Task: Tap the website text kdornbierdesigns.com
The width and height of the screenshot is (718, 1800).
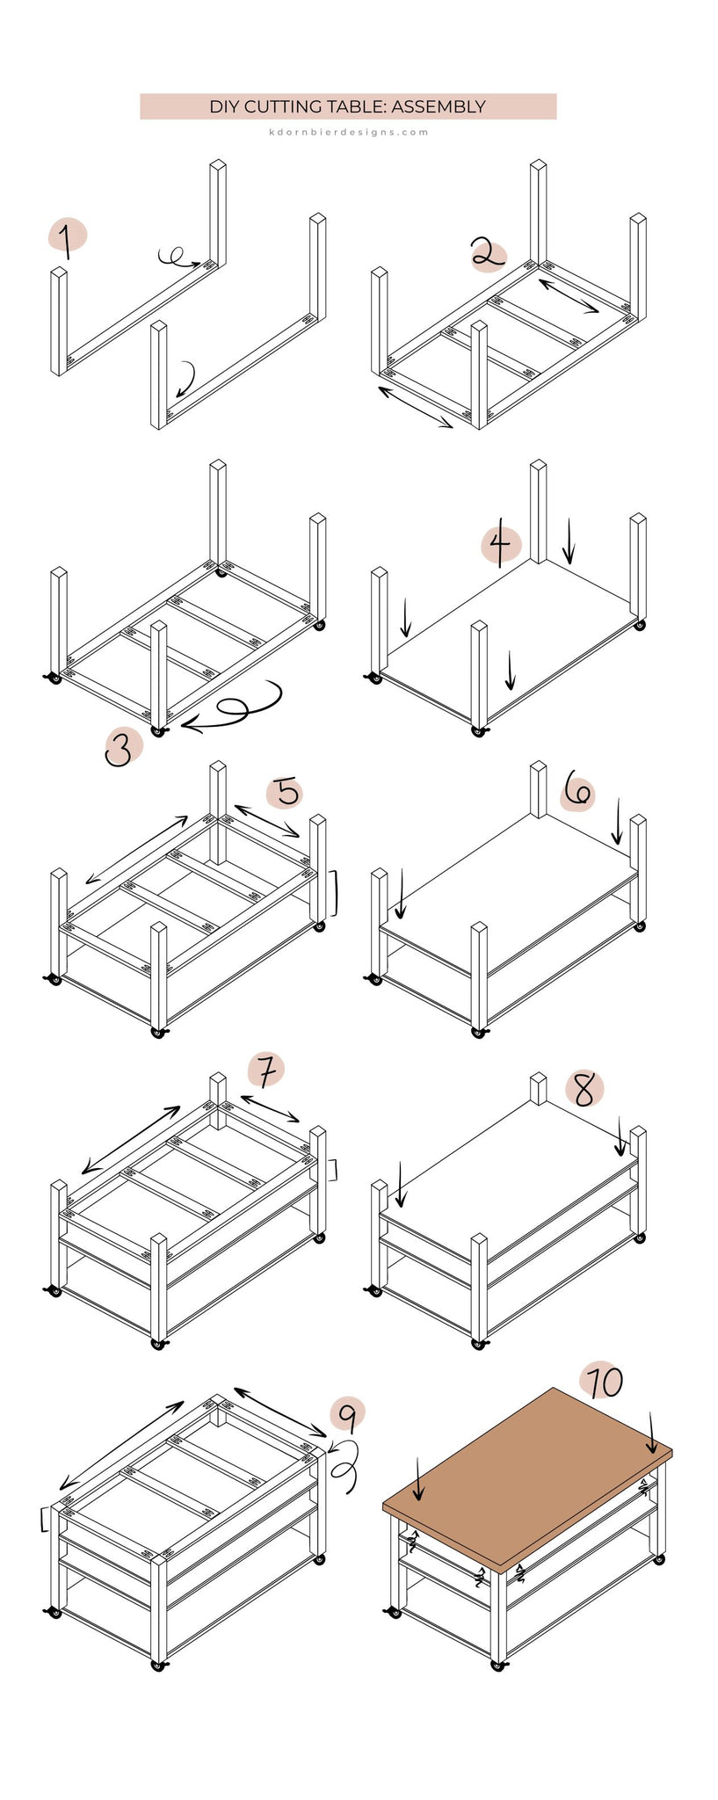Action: (349, 133)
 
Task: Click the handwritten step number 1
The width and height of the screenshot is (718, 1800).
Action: (65, 239)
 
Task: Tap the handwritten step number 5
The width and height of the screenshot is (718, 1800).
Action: (287, 792)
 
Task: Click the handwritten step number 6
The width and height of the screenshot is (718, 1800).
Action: (577, 791)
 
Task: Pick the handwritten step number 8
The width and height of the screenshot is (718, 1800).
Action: (584, 1090)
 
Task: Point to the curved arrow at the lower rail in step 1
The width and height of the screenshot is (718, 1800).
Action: (185, 379)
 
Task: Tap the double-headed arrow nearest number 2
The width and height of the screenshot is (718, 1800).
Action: (569, 296)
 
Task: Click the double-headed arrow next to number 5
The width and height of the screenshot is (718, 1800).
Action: (266, 820)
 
